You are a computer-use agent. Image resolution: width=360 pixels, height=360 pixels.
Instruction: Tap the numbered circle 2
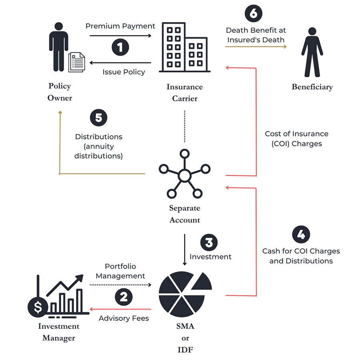(x=124, y=297)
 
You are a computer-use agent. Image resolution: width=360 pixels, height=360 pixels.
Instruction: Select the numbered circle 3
(x=211, y=242)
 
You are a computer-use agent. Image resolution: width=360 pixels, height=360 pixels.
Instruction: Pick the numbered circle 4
(x=301, y=234)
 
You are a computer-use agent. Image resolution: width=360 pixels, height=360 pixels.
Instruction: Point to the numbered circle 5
(x=99, y=118)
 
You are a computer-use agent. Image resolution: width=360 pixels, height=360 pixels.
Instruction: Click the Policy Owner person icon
(x=58, y=46)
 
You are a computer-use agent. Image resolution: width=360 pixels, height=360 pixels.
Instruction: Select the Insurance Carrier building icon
(x=184, y=48)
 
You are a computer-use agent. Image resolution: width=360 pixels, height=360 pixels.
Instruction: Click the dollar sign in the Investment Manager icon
(x=38, y=307)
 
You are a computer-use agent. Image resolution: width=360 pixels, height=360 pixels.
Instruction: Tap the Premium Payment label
(x=120, y=26)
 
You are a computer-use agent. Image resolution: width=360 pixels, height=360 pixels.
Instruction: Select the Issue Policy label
(x=124, y=72)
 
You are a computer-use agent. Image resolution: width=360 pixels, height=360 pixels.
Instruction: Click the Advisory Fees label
(x=124, y=318)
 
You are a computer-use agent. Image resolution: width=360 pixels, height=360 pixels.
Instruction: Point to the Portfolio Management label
(x=120, y=271)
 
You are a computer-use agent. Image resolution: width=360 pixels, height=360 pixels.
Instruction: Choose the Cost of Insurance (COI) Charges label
(x=296, y=138)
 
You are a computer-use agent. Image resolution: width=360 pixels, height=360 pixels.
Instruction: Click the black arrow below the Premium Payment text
(x=120, y=36)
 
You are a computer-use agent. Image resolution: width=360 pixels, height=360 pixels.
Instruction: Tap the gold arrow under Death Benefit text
(x=256, y=47)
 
